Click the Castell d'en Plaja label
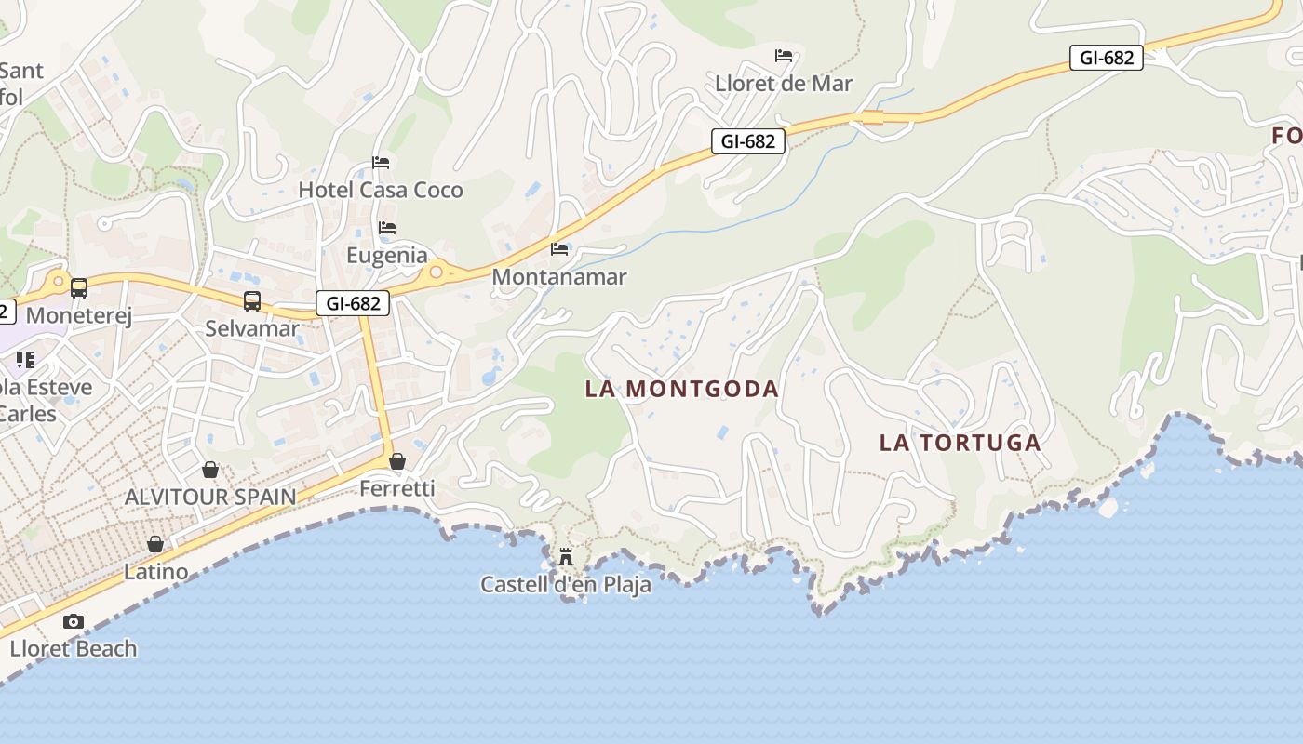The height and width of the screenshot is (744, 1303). tap(566, 585)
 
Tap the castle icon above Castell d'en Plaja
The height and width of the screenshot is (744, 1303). tap(566, 558)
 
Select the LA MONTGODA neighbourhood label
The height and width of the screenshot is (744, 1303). tap(681, 389)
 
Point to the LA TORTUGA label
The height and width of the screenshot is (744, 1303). tap(960, 443)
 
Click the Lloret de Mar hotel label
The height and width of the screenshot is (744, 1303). tap(784, 84)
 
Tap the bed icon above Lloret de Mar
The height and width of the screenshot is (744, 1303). tap(784, 56)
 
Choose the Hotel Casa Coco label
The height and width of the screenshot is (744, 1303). tap(381, 191)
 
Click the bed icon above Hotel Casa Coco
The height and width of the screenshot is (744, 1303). tap(381, 163)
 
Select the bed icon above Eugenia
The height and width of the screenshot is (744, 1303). tap(387, 228)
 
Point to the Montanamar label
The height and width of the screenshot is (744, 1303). tap(559, 277)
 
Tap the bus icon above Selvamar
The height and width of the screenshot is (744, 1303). tap(252, 301)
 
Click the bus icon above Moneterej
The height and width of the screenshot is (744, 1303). tap(79, 288)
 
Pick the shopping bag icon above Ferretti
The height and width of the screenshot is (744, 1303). tap(397, 461)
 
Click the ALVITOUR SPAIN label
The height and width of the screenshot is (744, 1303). tap(210, 497)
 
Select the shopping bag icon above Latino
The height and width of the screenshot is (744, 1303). tap(155, 544)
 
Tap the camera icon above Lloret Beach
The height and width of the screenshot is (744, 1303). tap(74, 621)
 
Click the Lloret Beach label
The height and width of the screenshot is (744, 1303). tap(74, 649)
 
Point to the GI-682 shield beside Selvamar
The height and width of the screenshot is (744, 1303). tap(353, 303)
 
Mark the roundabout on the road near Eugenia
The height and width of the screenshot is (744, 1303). tap(436, 272)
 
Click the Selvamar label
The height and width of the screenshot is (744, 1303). tap(252, 328)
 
